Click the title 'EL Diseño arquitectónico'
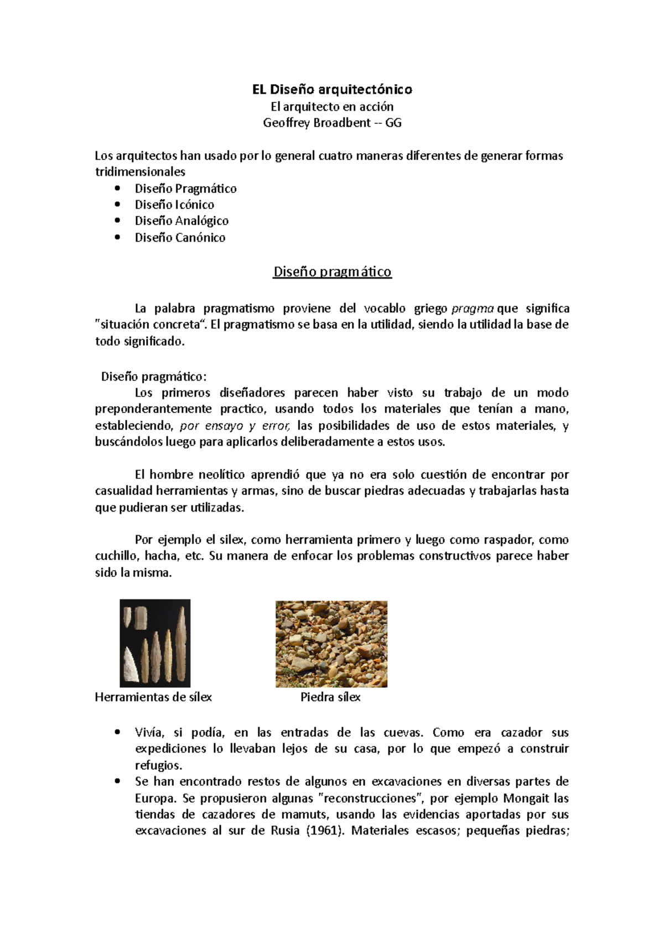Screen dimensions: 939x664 [x=332, y=89]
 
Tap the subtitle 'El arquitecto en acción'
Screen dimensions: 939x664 [x=332, y=106]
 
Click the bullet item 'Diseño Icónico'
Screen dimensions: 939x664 [x=174, y=205]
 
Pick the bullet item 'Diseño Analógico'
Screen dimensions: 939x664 [x=181, y=221]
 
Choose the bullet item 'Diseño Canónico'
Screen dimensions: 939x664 [x=180, y=237]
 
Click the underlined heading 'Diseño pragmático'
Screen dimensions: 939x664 [x=332, y=272]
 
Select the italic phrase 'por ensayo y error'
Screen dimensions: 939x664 [x=235, y=426]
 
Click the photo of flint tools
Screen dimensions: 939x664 [x=155, y=643]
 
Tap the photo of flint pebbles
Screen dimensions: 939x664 [x=331, y=643]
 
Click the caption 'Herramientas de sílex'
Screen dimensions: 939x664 [x=153, y=697]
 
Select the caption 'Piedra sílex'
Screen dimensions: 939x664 [x=330, y=697]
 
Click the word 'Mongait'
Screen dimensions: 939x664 [x=527, y=799]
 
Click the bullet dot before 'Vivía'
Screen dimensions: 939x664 [x=117, y=733]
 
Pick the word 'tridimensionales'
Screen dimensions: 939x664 [x=140, y=172]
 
